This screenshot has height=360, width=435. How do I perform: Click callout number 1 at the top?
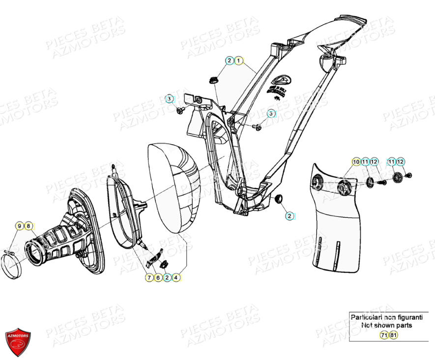tap(238, 60)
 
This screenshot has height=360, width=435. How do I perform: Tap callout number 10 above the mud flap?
tap(355, 162)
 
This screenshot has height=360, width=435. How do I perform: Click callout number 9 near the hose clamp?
tap(20, 226)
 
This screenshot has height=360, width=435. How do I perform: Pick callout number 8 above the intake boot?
tap(29, 226)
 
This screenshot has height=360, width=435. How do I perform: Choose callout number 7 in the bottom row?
tap(149, 278)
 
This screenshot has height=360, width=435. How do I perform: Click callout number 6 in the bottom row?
tap(158, 278)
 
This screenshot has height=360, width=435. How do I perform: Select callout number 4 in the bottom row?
tap(176, 278)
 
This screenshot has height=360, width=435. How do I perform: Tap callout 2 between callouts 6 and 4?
tap(167, 278)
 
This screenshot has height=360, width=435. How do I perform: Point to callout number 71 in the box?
tap(384, 335)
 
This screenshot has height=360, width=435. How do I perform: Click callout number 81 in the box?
tap(393, 335)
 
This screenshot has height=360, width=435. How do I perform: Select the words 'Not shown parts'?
tap(386, 325)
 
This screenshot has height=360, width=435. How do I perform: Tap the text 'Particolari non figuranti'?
tap(386, 317)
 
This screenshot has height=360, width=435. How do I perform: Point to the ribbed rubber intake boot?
tap(54, 241)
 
